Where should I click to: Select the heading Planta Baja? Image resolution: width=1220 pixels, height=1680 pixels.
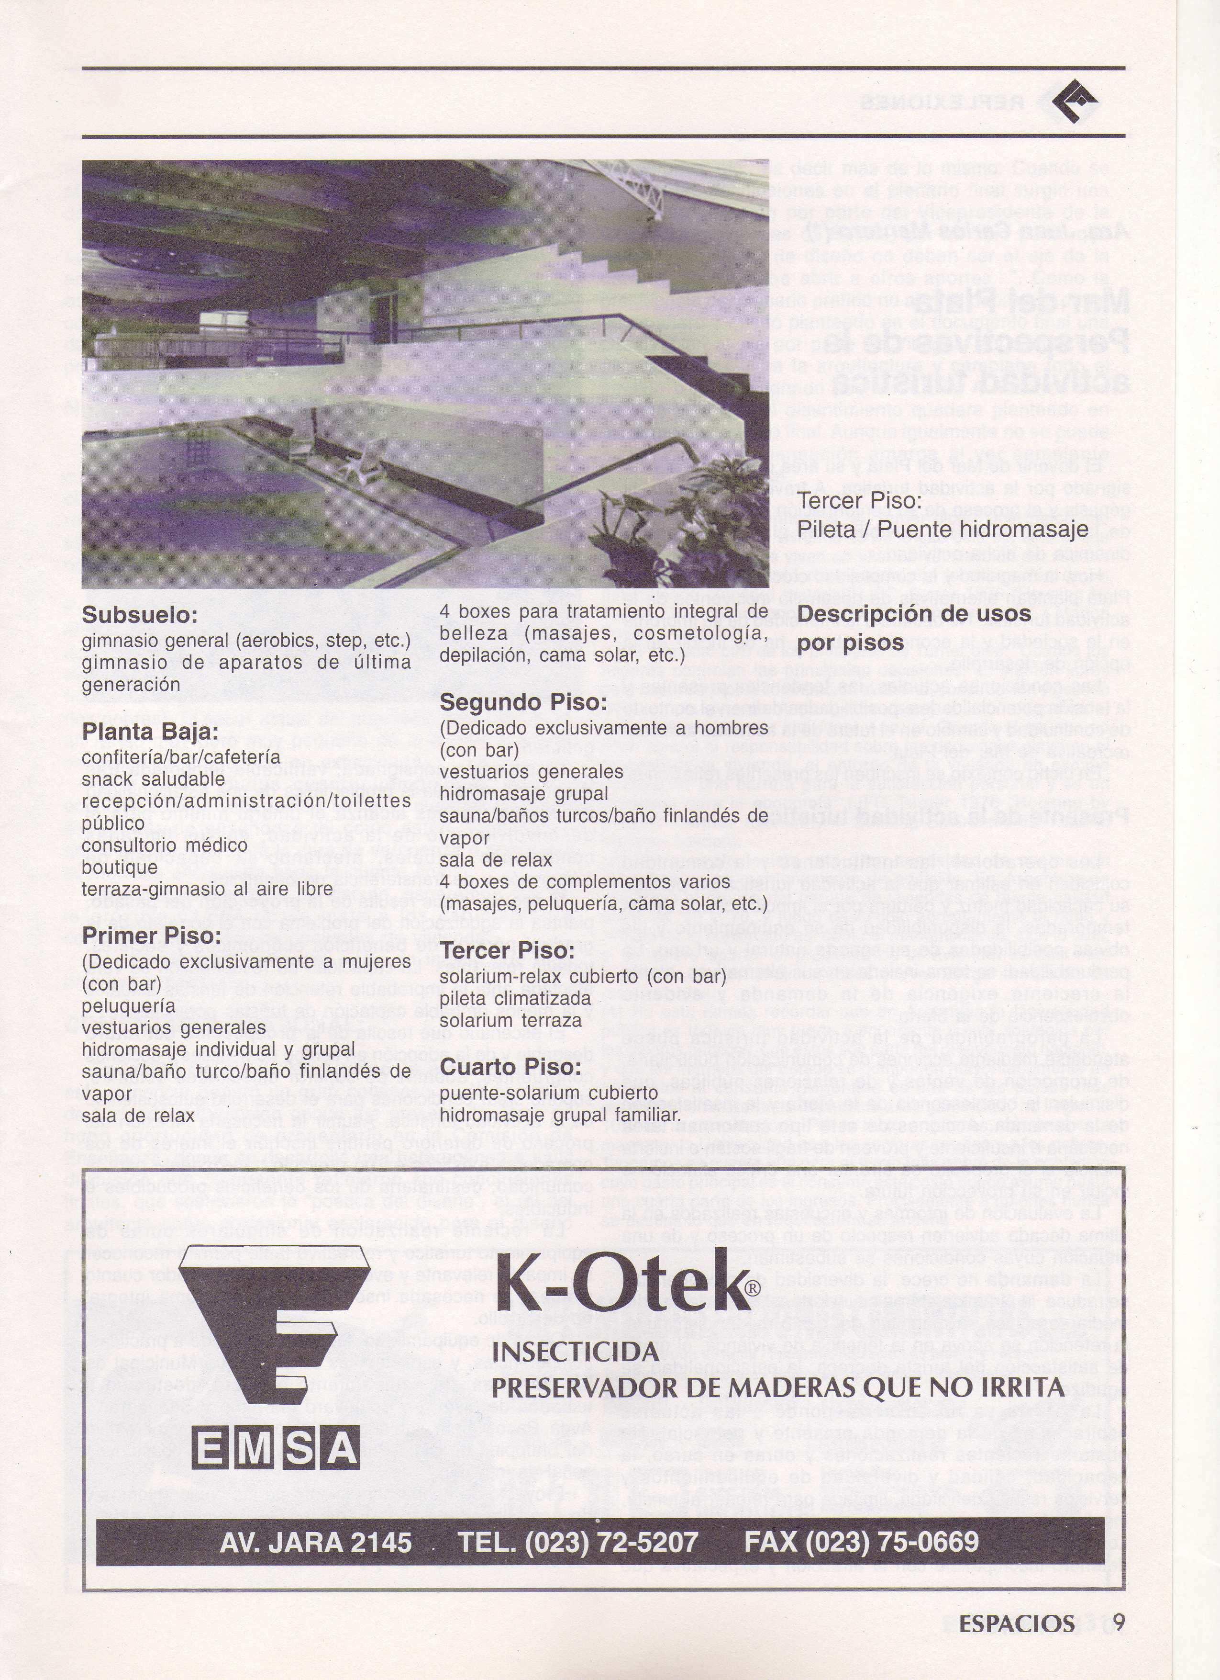pos(150,733)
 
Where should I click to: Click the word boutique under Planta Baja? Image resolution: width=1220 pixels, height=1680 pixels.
pos(120,867)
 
